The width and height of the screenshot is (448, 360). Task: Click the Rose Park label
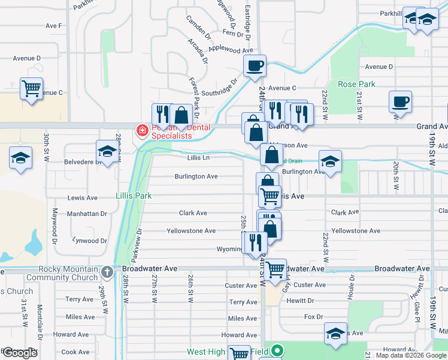tap(356, 84)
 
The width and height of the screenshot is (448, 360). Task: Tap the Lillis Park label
tap(134, 196)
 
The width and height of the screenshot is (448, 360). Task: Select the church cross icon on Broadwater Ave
tap(107, 272)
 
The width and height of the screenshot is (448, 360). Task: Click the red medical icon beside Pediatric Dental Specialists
tap(143, 130)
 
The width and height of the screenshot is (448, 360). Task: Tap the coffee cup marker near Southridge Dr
tap(255, 66)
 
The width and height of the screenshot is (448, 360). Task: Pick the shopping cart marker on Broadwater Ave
tap(276, 269)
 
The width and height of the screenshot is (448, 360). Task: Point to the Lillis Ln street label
tap(198, 158)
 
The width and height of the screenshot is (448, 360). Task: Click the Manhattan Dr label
tap(87, 213)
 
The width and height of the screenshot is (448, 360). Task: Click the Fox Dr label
tap(313, 316)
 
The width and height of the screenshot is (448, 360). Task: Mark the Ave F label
tap(54, 26)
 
